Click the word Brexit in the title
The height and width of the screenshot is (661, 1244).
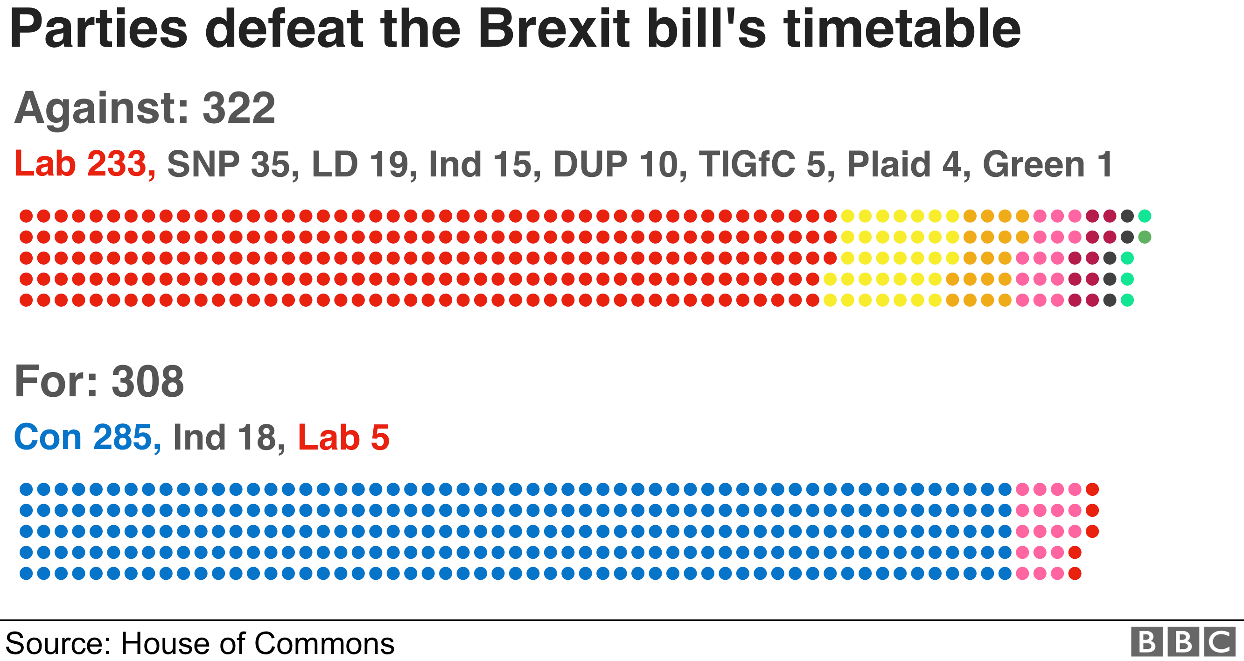pos(554,30)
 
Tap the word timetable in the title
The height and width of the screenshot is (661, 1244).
pos(902,30)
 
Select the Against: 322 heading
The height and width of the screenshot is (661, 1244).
pos(145,108)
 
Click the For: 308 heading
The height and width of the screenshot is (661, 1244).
pos(99,382)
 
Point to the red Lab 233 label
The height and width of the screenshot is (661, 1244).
pos(84,164)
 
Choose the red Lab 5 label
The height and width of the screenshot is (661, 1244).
pos(343,437)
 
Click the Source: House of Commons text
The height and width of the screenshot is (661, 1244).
pos(200,644)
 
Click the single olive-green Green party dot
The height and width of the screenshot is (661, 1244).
pos(1145,237)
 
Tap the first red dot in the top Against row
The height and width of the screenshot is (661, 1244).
pos(26,216)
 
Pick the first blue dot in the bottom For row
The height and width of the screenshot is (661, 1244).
pos(26,574)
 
